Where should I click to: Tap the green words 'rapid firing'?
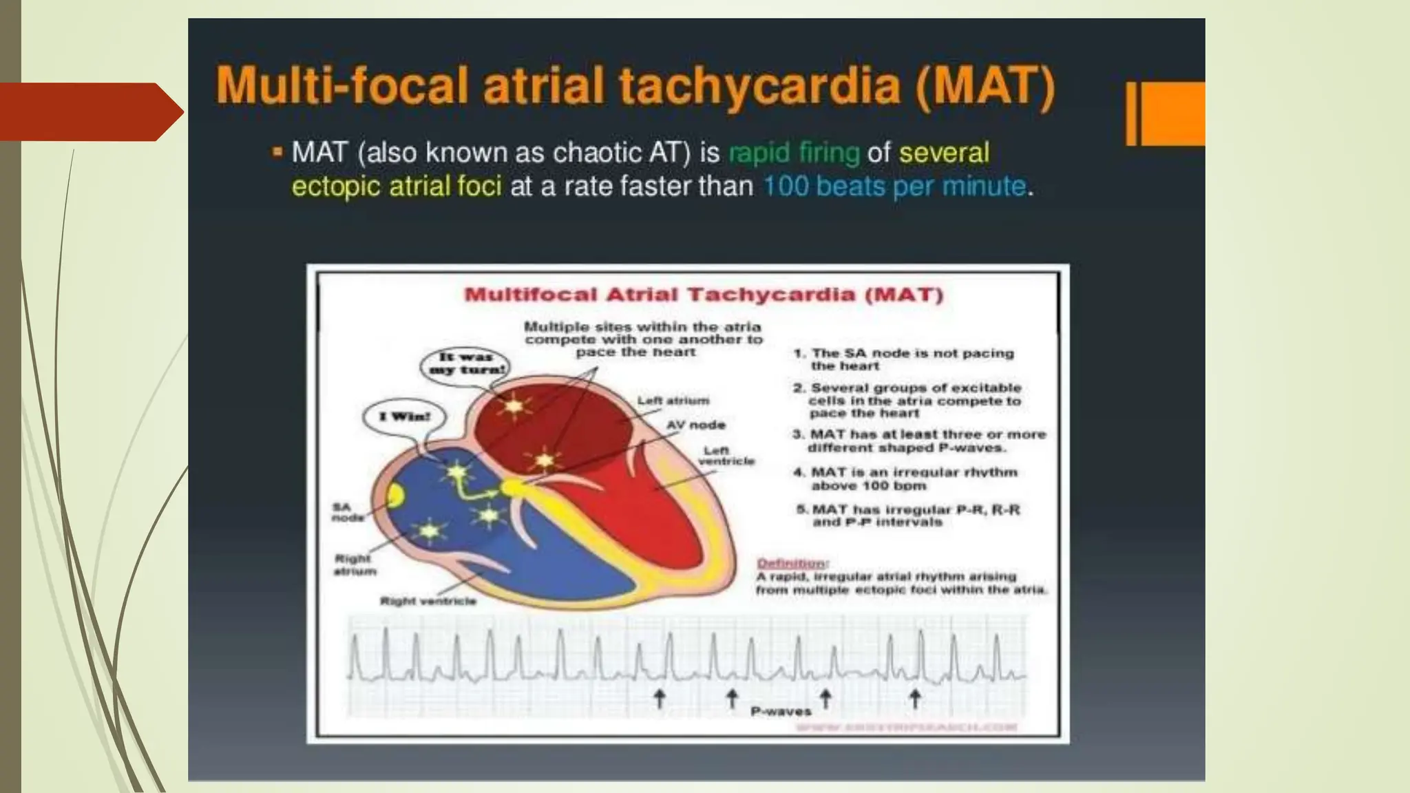pos(794,153)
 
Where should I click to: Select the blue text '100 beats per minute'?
pos(894,187)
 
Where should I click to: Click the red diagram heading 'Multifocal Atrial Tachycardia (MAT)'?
pos(704,295)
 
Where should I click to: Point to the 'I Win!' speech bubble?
pos(404,416)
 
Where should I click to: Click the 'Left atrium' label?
pos(673,401)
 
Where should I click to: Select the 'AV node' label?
pos(695,425)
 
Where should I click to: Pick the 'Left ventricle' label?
pos(726,456)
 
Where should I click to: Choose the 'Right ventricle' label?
pos(428,601)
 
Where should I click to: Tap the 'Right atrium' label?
pos(355,564)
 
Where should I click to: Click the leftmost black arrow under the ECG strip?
pos(660,698)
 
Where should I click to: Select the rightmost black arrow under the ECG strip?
pos(915,698)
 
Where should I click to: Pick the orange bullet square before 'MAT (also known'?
pos(277,151)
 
